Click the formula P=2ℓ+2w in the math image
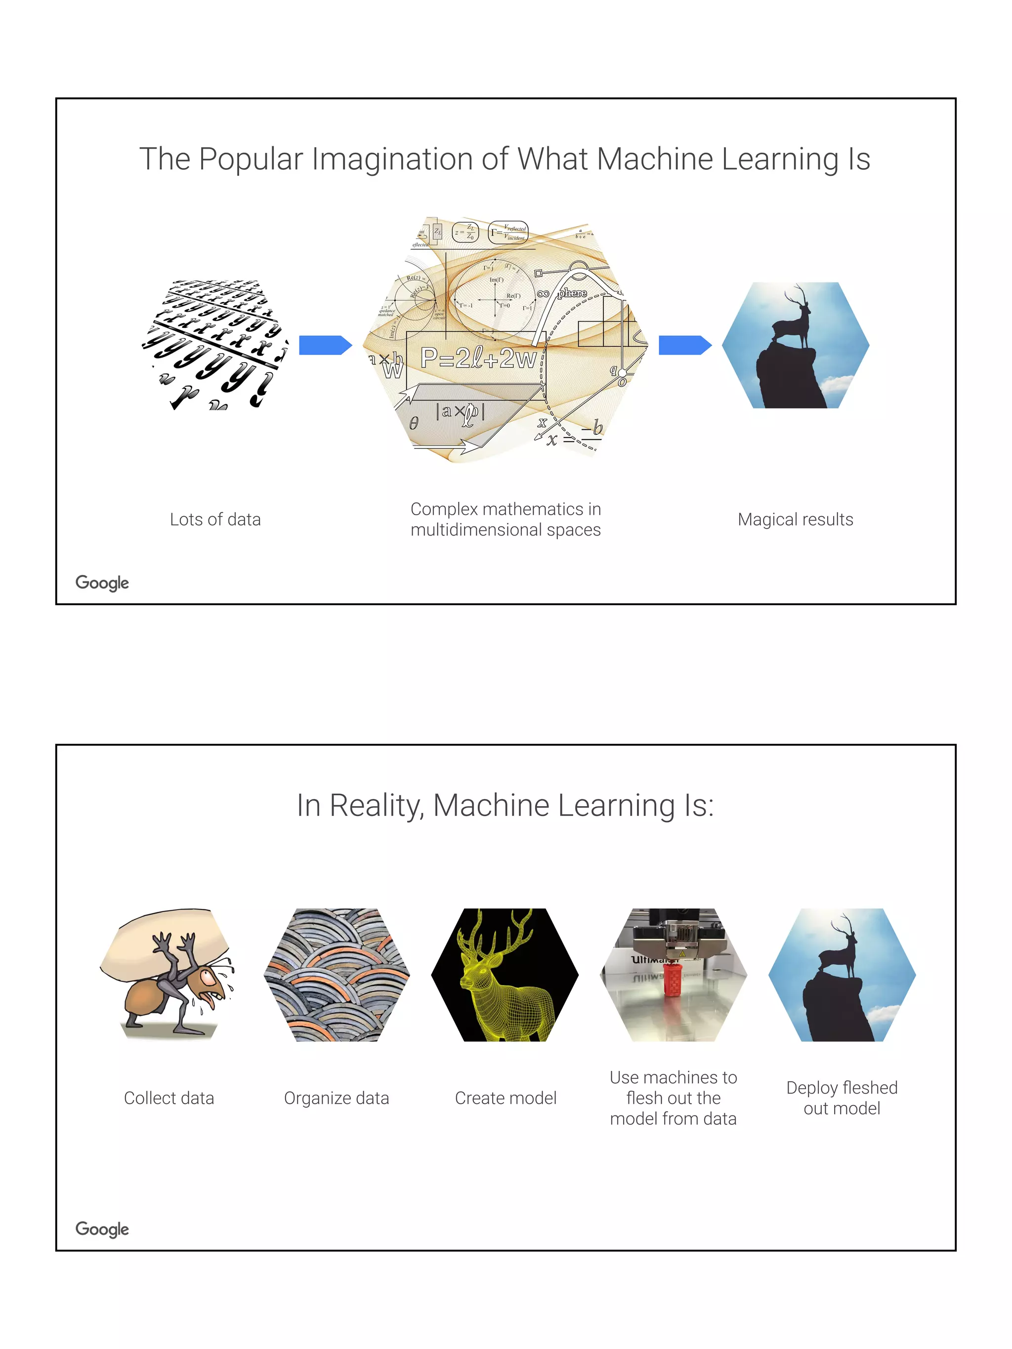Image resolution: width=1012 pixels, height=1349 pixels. pyautogui.click(x=478, y=358)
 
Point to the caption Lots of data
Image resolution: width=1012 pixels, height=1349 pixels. pyautogui.click(x=215, y=520)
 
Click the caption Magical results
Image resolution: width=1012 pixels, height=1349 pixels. pyautogui.click(x=795, y=520)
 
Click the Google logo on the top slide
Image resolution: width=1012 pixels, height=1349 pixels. pyautogui.click(x=102, y=583)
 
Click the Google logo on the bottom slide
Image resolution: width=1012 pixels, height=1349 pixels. pyautogui.click(x=102, y=1229)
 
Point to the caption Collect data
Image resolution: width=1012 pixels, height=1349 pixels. pyautogui.click(x=169, y=1099)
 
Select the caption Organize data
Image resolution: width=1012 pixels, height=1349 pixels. pyautogui.click(x=336, y=1099)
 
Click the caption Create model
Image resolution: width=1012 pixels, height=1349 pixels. pyautogui.click(x=506, y=1099)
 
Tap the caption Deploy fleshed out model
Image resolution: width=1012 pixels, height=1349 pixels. pyautogui.click(x=842, y=1099)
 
